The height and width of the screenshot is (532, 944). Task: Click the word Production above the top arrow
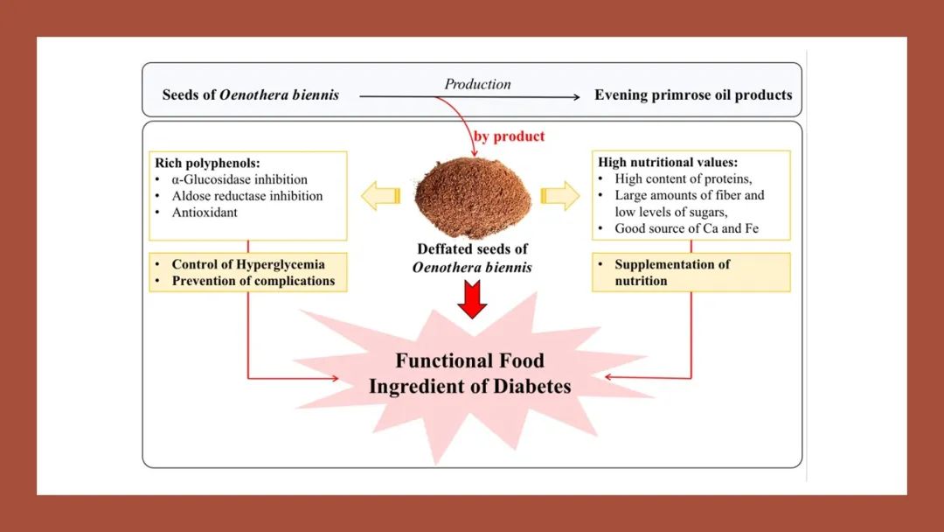[477, 84]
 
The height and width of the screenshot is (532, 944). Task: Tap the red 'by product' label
[509, 136]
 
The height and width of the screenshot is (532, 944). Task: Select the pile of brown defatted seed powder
[473, 194]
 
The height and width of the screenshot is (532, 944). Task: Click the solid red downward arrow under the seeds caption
[472, 301]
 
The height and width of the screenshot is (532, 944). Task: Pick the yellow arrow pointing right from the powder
[560, 196]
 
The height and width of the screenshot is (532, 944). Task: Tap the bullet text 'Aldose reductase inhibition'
[247, 196]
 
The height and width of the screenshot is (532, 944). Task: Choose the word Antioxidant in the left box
[205, 213]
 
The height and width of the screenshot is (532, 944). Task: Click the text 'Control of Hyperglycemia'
[247, 264]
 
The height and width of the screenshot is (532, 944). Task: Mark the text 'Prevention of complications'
[253, 281]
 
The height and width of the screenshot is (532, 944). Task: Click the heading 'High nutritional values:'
[668, 163]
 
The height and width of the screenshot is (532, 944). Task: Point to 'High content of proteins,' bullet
[684, 178]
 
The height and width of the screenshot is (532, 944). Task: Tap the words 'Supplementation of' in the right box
[672, 264]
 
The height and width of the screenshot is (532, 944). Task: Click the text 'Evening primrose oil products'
[693, 94]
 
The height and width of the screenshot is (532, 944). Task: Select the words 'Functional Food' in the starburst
[469, 360]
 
